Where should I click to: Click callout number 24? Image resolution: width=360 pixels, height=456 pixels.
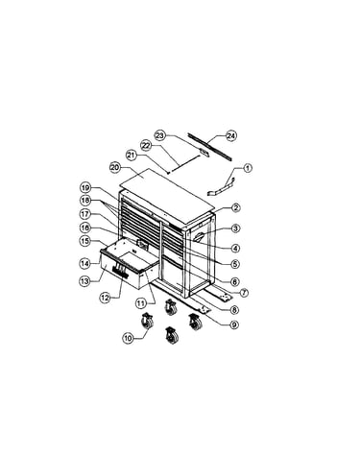pyautogui.click(x=231, y=135)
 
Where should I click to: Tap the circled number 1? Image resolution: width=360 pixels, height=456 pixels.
pyautogui.click(x=248, y=168)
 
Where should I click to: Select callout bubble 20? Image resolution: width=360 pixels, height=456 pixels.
pyautogui.click(x=114, y=167)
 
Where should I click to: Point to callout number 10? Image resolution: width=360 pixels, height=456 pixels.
pyautogui.click(x=128, y=338)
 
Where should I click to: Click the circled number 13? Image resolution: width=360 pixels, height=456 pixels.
pyautogui.click(x=84, y=280)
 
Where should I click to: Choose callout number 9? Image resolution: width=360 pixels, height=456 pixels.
pyautogui.click(x=234, y=324)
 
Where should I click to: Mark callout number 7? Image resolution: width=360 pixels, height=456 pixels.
pyautogui.click(x=244, y=293)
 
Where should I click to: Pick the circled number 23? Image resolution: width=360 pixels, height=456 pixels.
pyautogui.click(x=159, y=135)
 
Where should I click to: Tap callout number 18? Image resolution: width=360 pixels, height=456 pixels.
pyautogui.click(x=84, y=200)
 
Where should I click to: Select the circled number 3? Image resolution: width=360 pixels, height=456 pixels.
pyautogui.click(x=235, y=228)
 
